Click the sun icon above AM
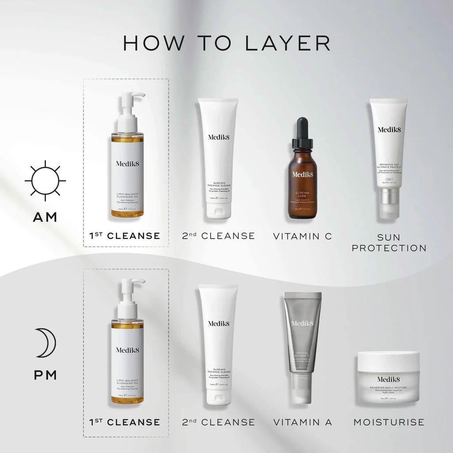click(x=45, y=180)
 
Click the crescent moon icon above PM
click(x=46, y=343)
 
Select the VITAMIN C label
click(x=302, y=236)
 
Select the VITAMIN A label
click(x=302, y=422)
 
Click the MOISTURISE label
click(x=388, y=422)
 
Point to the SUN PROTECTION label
click(x=389, y=242)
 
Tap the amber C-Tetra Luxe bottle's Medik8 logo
click(x=302, y=174)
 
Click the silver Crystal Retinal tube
click(x=303, y=336)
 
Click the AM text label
click(x=45, y=217)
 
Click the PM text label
click(x=45, y=375)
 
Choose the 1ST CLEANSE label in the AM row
click(x=125, y=236)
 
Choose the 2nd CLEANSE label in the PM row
click(x=218, y=422)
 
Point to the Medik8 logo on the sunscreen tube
click(x=388, y=130)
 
